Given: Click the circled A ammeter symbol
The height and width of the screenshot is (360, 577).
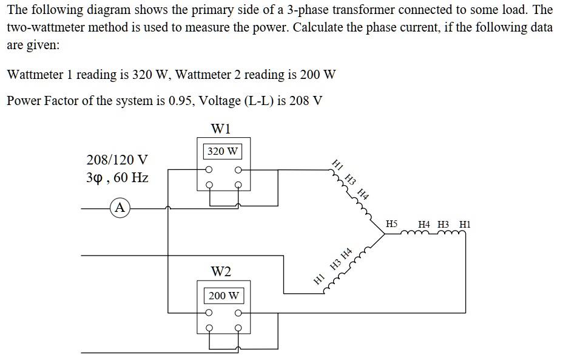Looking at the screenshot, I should coord(121,208).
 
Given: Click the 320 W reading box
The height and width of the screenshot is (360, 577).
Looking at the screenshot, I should coord(223,151).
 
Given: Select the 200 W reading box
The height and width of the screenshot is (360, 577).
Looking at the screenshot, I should coord(223,296).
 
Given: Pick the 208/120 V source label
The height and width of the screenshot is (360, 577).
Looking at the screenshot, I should coord(117,160).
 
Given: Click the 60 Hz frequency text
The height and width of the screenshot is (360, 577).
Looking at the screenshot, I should coord(131,178).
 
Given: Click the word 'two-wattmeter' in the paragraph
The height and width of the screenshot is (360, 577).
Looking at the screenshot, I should coord(44,28).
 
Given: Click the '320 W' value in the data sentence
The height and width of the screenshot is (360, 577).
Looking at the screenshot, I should coord(148,75).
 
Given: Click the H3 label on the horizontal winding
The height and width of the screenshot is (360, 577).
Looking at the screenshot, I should coord(444,224).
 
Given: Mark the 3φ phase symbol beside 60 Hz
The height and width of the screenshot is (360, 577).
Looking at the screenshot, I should coord(95,178).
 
